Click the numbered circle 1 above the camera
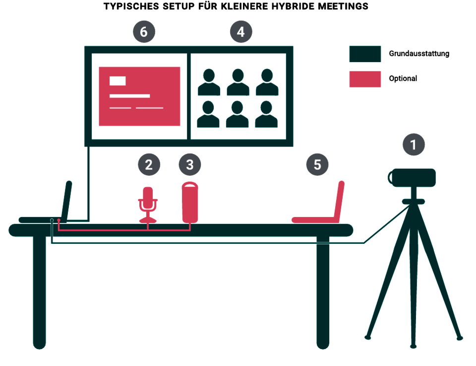(x=414, y=145)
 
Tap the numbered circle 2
(x=149, y=164)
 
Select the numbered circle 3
(x=190, y=164)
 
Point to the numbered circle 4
(x=240, y=32)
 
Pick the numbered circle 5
(x=317, y=164)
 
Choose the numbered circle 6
(x=143, y=32)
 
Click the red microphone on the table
(x=148, y=204)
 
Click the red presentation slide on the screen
(x=139, y=96)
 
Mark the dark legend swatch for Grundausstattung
(x=365, y=54)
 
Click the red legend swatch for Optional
(x=365, y=79)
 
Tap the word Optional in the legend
(x=403, y=78)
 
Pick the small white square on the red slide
(x=118, y=81)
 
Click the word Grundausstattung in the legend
(x=419, y=54)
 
